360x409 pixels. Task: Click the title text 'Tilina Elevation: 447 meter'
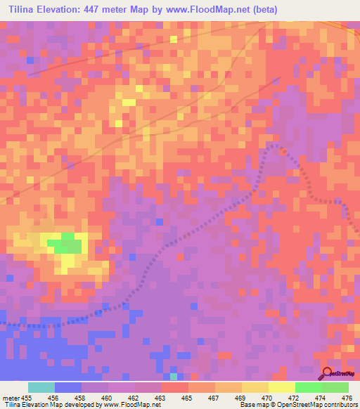click(x=67, y=10)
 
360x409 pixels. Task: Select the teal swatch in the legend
click(x=41, y=387)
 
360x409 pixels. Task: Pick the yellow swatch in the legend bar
click(x=282, y=387)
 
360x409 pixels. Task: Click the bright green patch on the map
click(x=65, y=243)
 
